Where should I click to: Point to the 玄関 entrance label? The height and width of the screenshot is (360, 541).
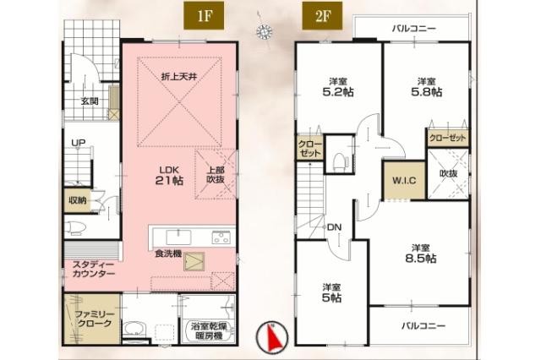click(90, 102)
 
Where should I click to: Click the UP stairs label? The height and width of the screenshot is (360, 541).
click(79, 143)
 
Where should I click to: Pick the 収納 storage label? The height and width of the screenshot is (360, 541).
click(79, 200)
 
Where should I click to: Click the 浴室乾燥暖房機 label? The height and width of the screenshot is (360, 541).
click(208, 330)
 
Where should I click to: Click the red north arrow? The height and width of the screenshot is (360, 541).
click(272, 339)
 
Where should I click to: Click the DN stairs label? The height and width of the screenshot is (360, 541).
click(335, 226)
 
